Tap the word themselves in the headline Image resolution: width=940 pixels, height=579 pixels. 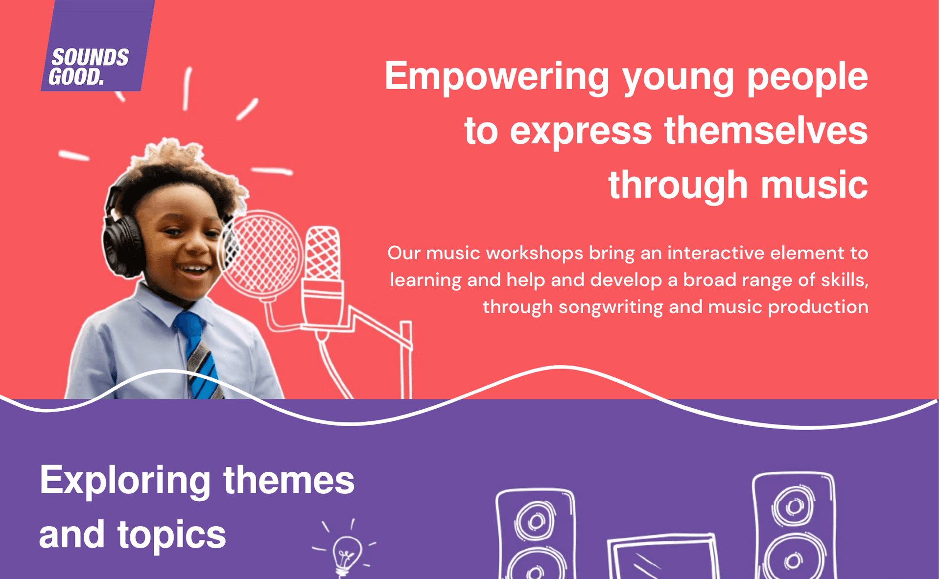(766, 131)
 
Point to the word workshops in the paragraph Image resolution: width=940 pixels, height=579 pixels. (535, 253)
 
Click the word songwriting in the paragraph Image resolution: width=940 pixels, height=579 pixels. (611, 307)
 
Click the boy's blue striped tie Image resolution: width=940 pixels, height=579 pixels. (198, 355)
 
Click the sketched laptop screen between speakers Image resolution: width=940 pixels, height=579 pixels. (664, 558)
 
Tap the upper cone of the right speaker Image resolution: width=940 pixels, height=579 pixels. (793, 507)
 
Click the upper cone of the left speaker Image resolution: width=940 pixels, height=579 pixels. (535, 521)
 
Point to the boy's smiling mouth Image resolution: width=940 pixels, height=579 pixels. (194, 270)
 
